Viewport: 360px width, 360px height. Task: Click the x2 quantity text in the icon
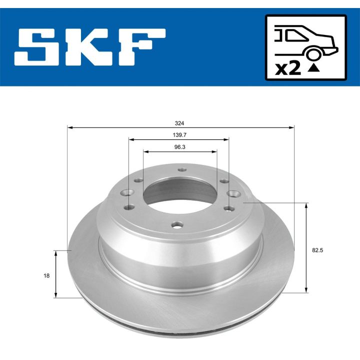288,68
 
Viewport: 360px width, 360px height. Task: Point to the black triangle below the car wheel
313,69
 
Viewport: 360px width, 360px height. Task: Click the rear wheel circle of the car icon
313,54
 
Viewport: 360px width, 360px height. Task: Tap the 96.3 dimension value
180,147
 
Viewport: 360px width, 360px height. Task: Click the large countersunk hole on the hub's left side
128,192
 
